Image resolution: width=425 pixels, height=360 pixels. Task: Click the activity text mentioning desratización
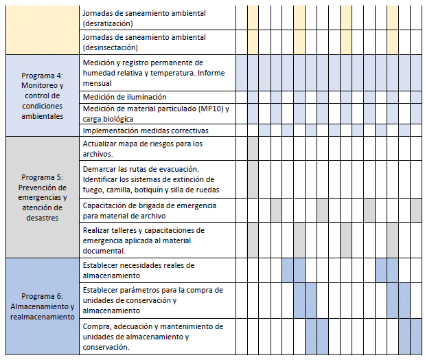(143, 18)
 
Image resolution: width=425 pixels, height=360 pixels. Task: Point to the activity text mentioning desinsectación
(143, 43)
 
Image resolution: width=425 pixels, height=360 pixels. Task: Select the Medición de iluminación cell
(124, 97)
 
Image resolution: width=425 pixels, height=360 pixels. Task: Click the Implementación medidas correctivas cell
(145, 130)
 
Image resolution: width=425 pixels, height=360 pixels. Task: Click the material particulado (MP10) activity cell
(155, 113)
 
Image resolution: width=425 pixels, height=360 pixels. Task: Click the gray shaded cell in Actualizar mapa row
(253, 148)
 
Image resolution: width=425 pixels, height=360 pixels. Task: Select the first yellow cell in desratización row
(253, 18)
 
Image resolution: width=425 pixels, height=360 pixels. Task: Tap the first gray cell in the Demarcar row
(253, 179)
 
